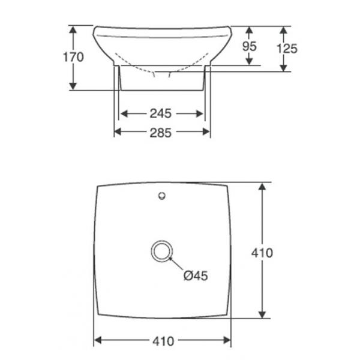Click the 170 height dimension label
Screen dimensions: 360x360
73,57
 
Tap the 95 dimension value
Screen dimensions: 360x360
250,46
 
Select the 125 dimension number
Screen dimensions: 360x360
287,49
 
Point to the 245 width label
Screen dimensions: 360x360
161,113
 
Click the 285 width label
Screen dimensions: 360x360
161,133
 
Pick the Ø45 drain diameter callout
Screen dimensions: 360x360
196,275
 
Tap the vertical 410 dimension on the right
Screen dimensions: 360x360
262,253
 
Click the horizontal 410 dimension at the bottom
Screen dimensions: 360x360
163,341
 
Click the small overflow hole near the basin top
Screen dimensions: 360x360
162,196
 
